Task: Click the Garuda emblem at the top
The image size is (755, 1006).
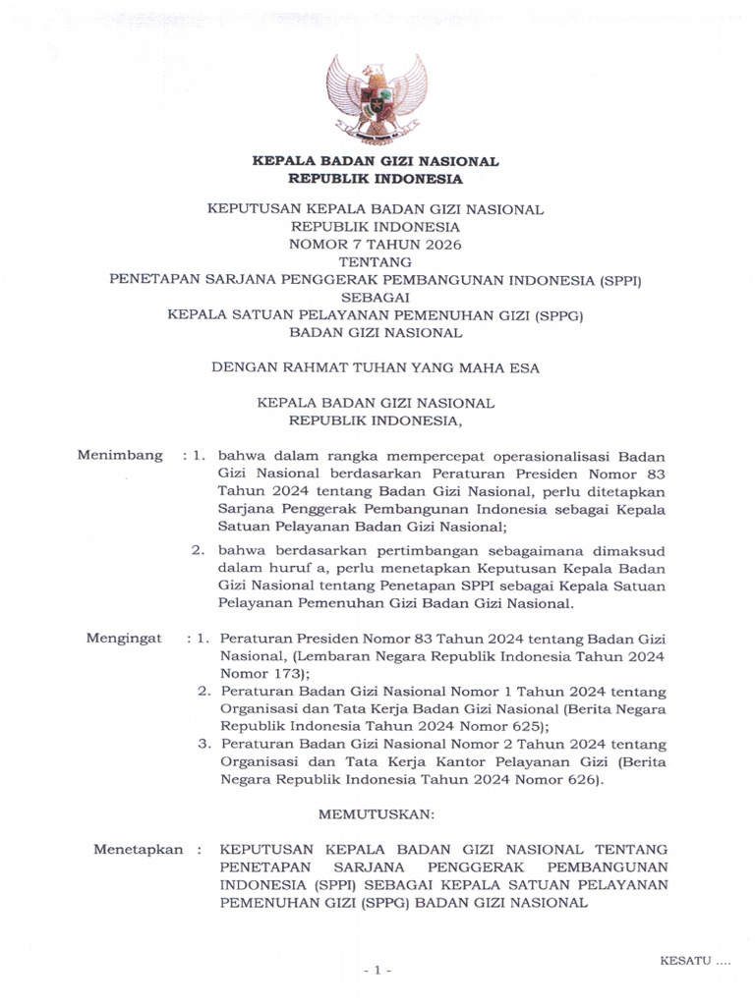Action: pos(377,98)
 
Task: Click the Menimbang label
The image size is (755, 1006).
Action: pos(120,455)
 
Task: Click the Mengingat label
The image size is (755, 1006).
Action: pos(124,638)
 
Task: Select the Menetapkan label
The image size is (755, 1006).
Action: pos(138,850)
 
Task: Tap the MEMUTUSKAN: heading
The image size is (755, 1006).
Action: pos(377,814)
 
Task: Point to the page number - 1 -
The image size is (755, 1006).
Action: pos(377,971)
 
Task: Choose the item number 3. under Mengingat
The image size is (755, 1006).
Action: pos(204,745)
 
